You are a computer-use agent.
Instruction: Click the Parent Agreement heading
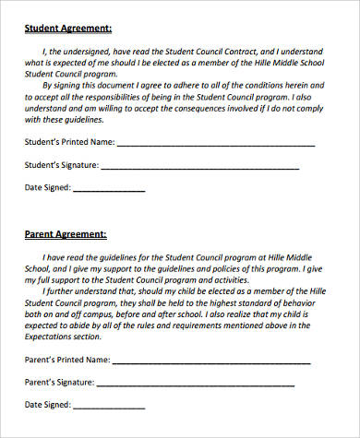[x=65, y=234]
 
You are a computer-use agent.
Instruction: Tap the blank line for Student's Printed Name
[x=216, y=144]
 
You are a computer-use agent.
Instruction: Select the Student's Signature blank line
[x=198, y=168]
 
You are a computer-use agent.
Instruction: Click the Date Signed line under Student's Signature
[x=108, y=191]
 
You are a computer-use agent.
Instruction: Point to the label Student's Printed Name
[x=69, y=143]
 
